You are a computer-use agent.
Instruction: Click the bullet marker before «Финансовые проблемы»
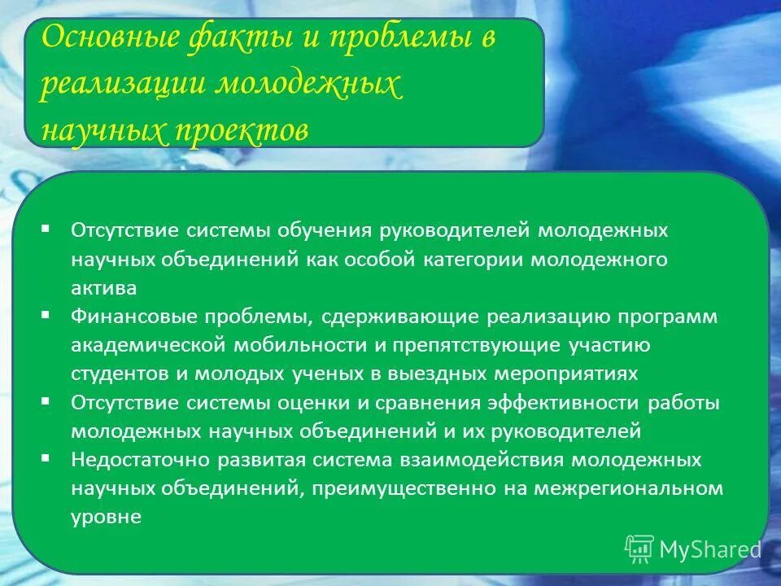point(46,313)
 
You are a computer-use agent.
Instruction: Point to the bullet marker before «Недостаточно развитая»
point(46,457)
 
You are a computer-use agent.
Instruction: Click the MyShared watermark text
point(709,549)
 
